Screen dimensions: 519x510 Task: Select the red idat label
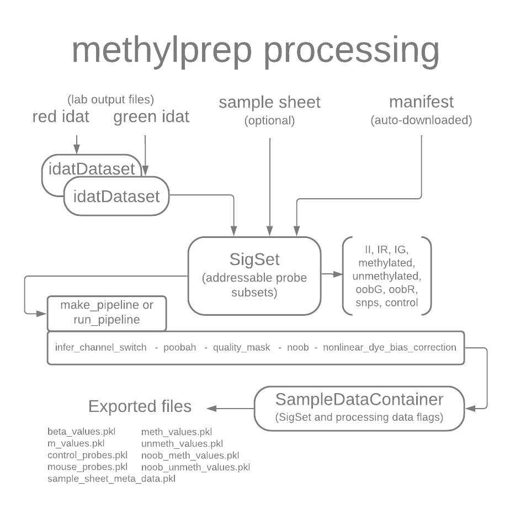tap(61, 117)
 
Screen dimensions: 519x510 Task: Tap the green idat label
tap(151, 117)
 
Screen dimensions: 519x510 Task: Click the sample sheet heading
tap(269, 103)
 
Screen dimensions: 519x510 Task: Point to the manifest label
tap(421, 103)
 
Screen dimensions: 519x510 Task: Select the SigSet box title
tap(254, 259)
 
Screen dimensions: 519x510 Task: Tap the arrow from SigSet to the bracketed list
tap(331, 274)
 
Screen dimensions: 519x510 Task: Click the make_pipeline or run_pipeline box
tap(107, 313)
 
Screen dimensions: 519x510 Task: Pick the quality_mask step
tap(242, 347)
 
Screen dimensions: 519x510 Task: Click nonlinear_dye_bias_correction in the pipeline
tap(389, 347)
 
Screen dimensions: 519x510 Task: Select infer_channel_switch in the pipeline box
tap(101, 347)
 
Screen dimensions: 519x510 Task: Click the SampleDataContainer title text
tap(359, 399)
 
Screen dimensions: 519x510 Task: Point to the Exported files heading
tap(140, 407)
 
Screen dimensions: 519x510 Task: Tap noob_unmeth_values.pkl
tap(195, 467)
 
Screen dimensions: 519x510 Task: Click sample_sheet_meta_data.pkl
tap(111, 479)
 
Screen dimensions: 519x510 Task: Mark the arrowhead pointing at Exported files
tap(210, 408)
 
